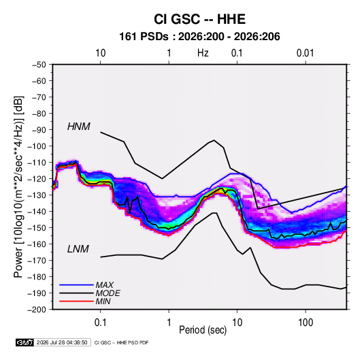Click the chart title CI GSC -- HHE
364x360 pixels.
point(199,19)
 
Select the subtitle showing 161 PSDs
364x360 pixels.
point(199,37)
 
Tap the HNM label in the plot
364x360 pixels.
point(79,127)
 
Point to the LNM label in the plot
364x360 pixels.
point(78,249)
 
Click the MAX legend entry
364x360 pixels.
point(105,285)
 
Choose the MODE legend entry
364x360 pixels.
point(108,293)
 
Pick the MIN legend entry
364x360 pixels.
point(103,301)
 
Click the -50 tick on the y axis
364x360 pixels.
point(39,65)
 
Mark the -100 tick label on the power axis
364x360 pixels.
point(37,146)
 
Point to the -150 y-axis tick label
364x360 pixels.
point(37,228)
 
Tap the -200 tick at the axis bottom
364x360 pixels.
point(37,310)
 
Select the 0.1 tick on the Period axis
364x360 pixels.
point(100,323)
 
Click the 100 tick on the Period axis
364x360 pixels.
point(305,323)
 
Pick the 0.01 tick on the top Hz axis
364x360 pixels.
point(305,53)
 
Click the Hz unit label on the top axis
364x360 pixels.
point(203,53)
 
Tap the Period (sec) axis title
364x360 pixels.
point(203,330)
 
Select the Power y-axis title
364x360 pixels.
point(18,187)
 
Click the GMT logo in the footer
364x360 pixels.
point(24,342)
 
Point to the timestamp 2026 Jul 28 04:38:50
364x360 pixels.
point(62,342)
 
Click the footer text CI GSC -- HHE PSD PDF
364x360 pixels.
point(121,342)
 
